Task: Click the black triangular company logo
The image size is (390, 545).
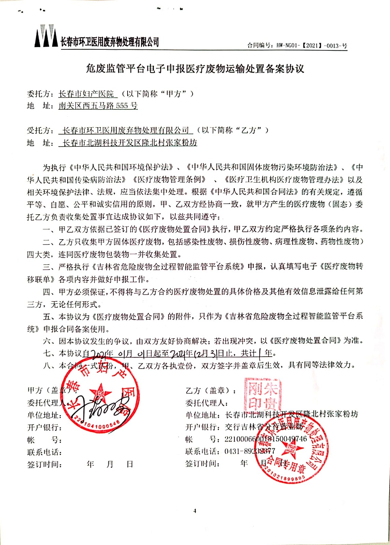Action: click(x=46, y=36)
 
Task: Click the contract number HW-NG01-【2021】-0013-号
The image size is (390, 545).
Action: click(x=297, y=45)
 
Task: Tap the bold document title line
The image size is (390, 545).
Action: click(x=195, y=69)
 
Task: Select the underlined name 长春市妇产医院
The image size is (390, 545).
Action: click(x=88, y=94)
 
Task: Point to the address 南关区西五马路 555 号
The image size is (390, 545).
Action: click(x=98, y=106)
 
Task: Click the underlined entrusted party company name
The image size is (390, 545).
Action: click(x=126, y=130)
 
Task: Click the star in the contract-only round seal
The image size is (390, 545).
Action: click(x=291, y=449)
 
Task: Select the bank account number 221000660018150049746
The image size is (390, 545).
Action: click(x=266, y=439)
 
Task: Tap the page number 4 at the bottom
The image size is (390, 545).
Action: click(x=195, y=511)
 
